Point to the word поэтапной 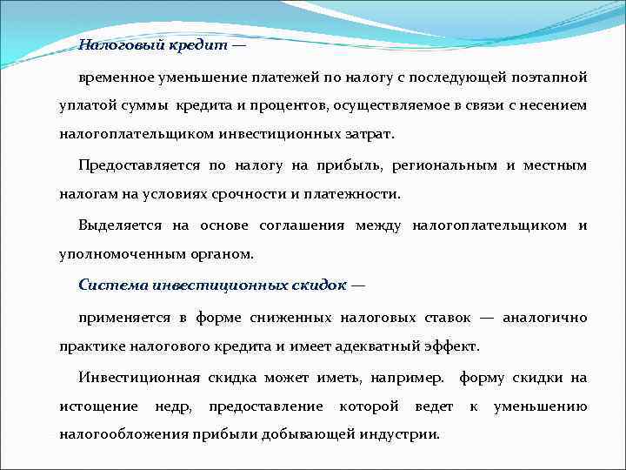pos(551,77)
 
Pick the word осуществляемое pos(383,105)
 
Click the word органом pos(227,255)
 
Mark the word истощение pos(98,406)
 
